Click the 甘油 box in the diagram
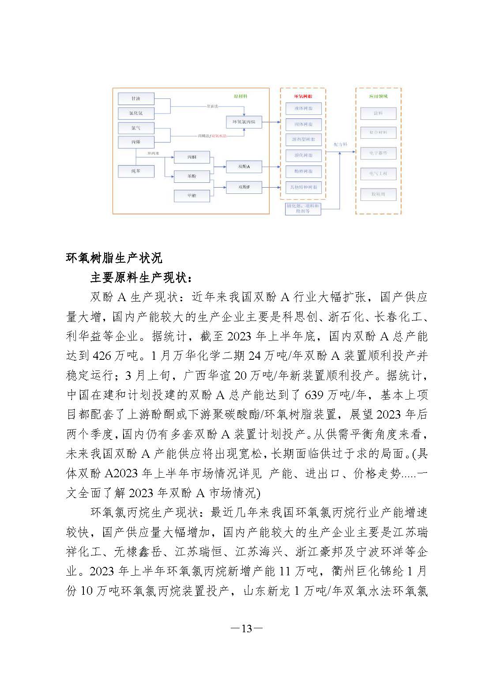pyautogui.click(x=136, y=98)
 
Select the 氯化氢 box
pyautogui.click(x=136, y=113)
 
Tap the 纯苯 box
pyautogui.click(x=136, y=171)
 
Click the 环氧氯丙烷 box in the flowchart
pyautogui.click(x=244, y=121)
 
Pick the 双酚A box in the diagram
pyautogui.click(x=244, y=166)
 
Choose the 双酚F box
pyautogui.click(x=244, y=187)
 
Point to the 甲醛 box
pyautogui.click(x=192, y=196)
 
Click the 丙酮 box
pyautogui.click(x=192, y=157)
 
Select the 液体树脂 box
pyautogui.click(x=303, y=108)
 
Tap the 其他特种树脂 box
pyautogui.click(x=303, y=187)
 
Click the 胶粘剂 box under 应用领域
pyautogui.click(x=378, y=194)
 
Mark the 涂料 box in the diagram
pyautogui.click(x=378, y=113)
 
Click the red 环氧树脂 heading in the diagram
pyautogui.click(x=303, y=95)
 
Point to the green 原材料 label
pyautogui.click(x=241, y=96)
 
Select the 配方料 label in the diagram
pyautogui.click(x=340, y=144)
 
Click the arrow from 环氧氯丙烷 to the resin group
pyautogui.click(x=271, y=121)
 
